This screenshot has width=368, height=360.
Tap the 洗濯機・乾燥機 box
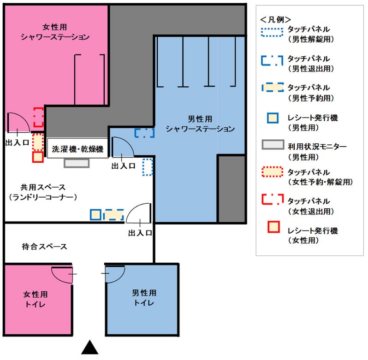(77, 148)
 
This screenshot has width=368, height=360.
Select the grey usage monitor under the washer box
(77, 163)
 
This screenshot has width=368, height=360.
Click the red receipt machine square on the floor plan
(38, 157)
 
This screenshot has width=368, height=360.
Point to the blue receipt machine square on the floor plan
(95, 215)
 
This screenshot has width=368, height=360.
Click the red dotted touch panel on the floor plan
(38, 142)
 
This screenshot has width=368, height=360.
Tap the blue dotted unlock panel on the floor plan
(148, 167)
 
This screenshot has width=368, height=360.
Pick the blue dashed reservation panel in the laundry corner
(114, 215)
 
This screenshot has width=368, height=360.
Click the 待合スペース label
(44, 247)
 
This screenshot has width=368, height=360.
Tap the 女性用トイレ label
(36, 299)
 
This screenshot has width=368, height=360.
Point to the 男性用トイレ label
(144, 298)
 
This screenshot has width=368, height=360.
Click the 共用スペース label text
(43, 187)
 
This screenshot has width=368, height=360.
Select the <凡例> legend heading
(275, 19)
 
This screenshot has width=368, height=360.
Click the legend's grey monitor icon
(273, 145)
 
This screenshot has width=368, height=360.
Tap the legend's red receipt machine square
(273, 227)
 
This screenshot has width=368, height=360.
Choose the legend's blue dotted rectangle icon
(272, 32)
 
